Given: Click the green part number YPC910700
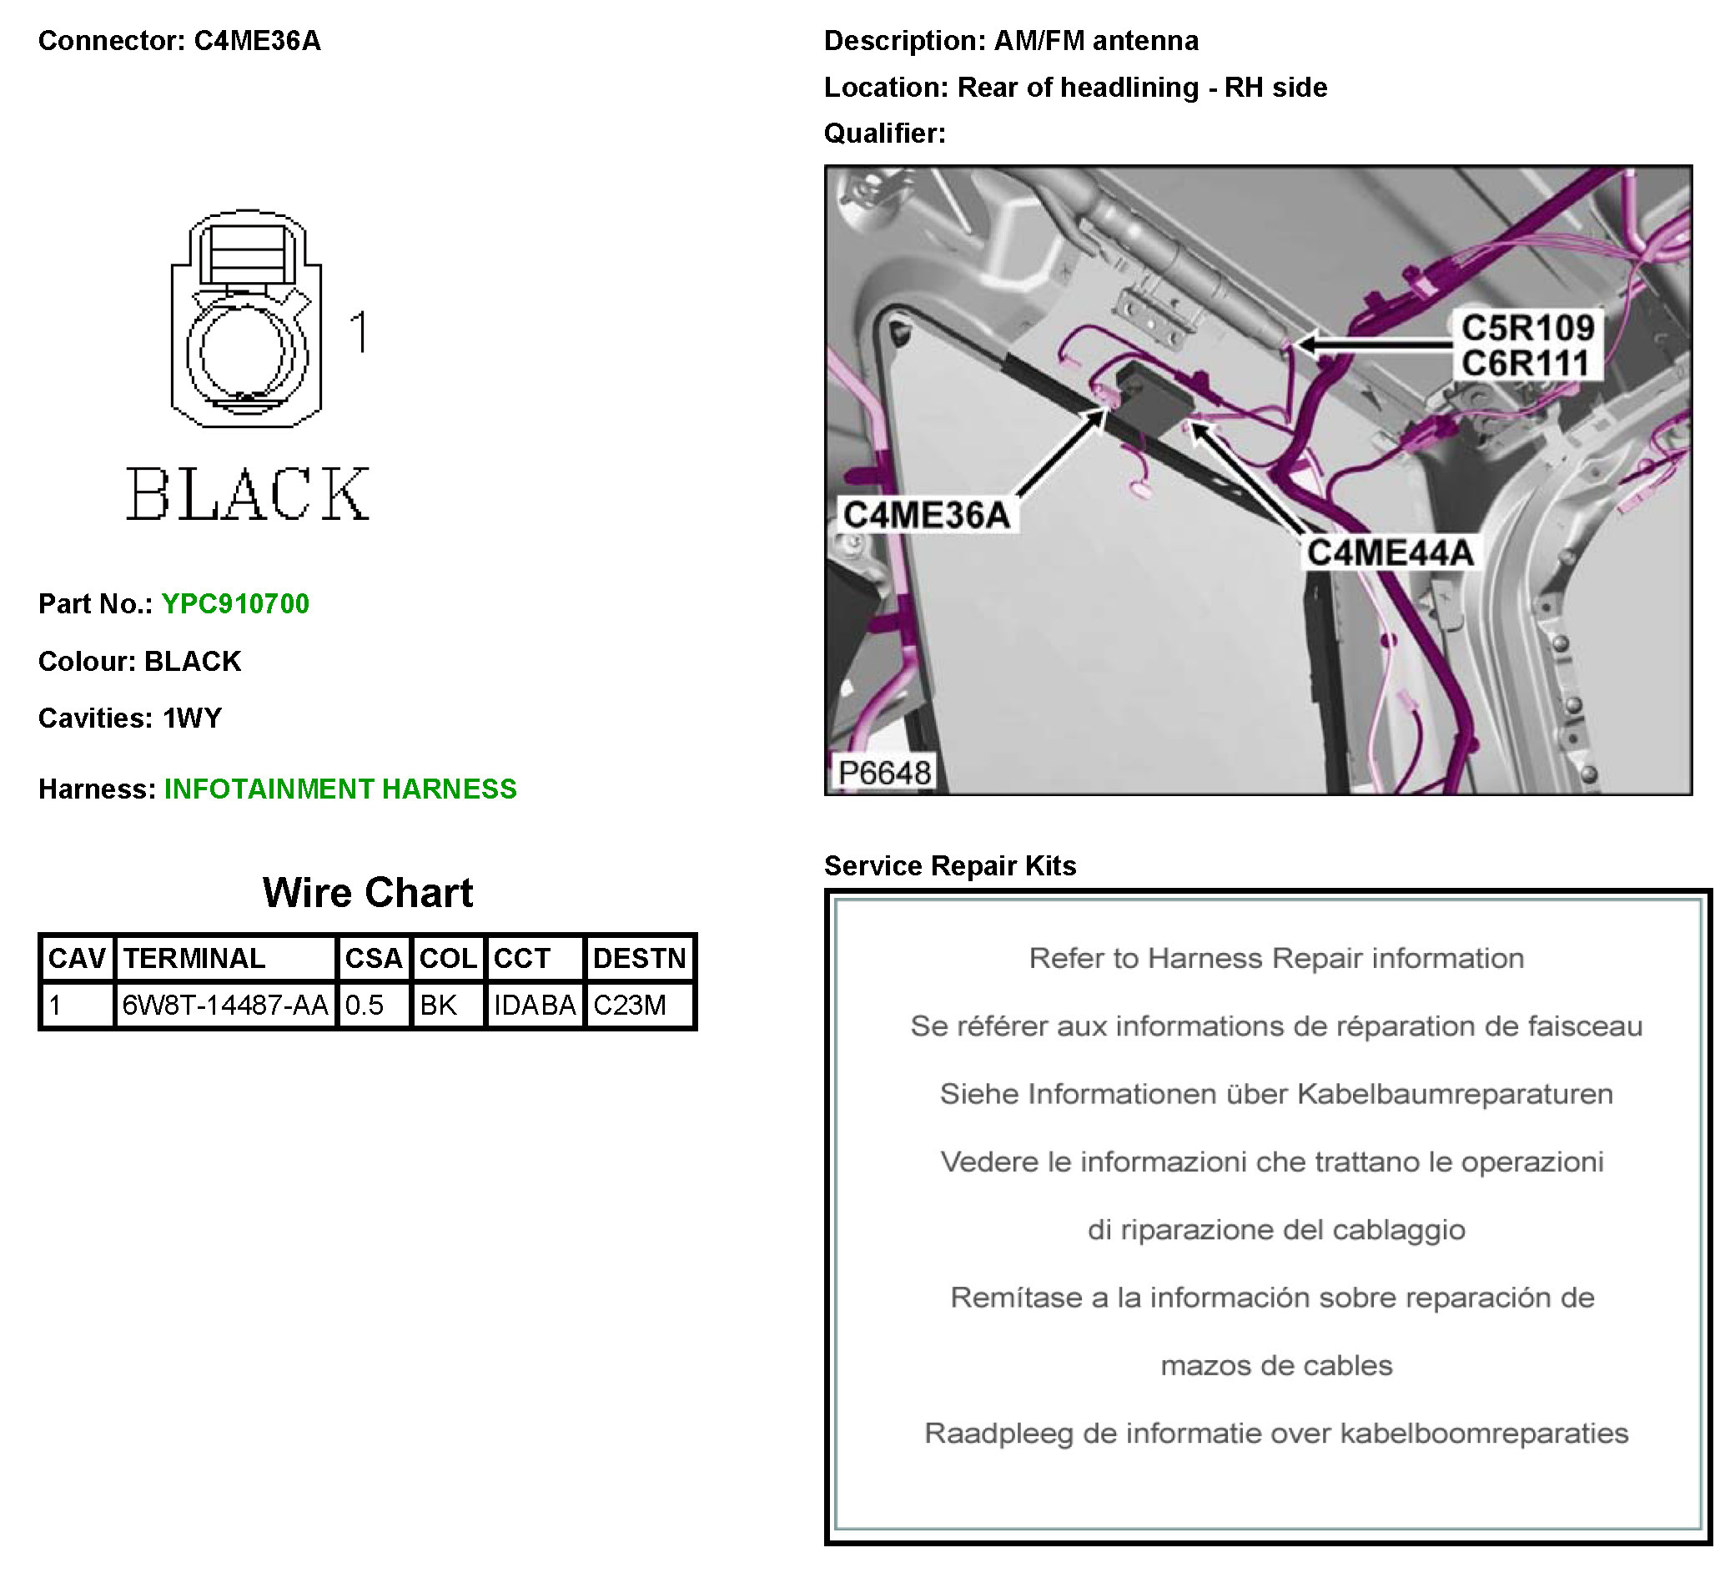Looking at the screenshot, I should pyautogui.click(x=235, y=603).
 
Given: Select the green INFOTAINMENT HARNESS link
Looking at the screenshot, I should pyautogui.click(x=340, y=789).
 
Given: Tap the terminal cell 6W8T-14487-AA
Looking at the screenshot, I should pyautogui.click(x=224, y=1005).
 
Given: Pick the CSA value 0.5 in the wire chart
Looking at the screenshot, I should pyautogui.click(x=365, y=1005).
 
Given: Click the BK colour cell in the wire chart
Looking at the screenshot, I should pyautogui.click(x=439, y=1005).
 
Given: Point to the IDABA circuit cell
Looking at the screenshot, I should pyautogui.click(x=535, y=1005).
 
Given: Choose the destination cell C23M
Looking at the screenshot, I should pyautogui.click(x=630, y=1005).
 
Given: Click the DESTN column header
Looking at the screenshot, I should pyautogui.click(x=640, y=958).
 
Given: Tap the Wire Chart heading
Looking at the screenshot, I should pyautogui.click(x=368, y=893).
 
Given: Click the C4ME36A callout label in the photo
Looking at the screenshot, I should pyautogui.click(x=926, y=515).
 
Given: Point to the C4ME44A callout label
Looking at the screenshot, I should pyautogui.click(x=1390, y=552).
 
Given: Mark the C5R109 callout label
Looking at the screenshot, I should pyautogui.click(x=1527, y=328).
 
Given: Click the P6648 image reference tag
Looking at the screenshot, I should pyautogui.click(x=885, y=772).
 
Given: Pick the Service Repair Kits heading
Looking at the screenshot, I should pyautogui.click(x=950, y=865).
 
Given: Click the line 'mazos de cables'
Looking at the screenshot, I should pyautogui.click(x=1276, y=1365).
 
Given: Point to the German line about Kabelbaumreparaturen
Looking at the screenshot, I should pyautogui.click(x=1276, y=1094).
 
